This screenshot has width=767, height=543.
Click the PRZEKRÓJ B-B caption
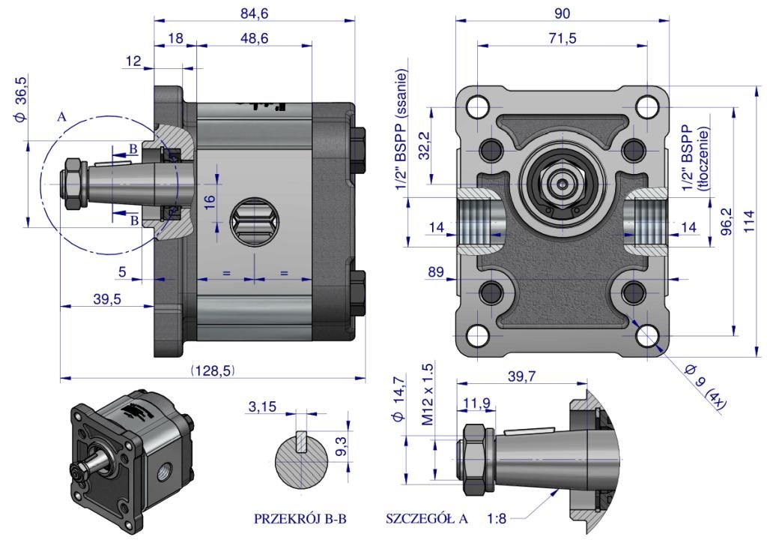coord(300,518)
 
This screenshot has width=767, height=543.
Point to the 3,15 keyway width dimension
coord(261,406)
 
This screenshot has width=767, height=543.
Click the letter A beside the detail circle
coord(61,117)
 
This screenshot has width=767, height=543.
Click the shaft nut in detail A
coord(473,457)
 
